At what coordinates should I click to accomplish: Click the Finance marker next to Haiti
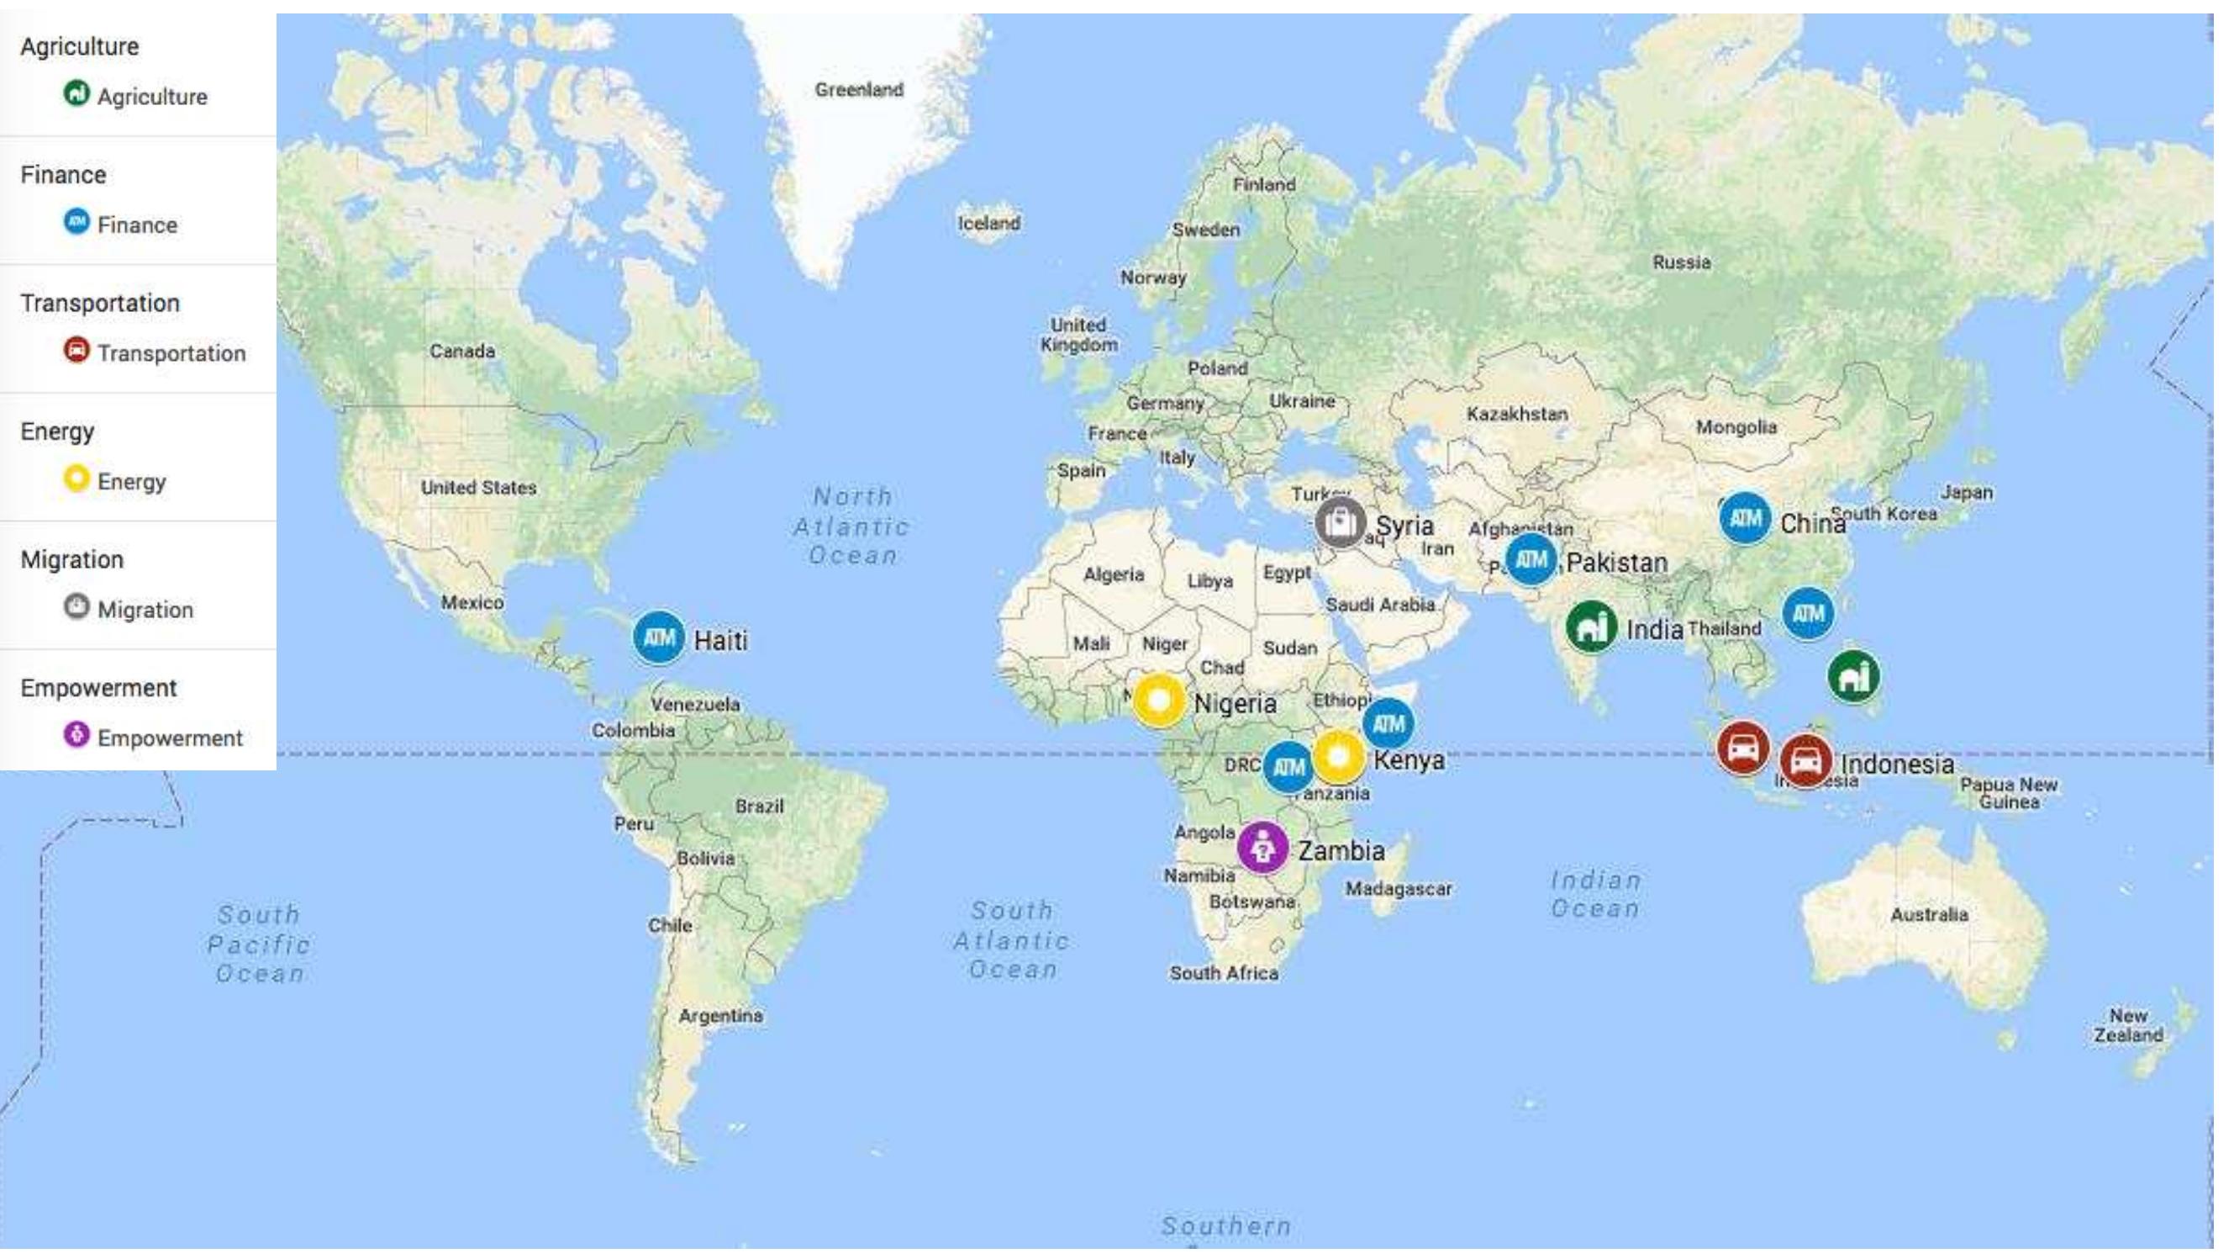click(x=658, y=637)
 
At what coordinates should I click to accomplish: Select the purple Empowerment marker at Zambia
click(x=1262, y=847)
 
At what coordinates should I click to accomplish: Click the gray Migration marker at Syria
click(x=1340, y=522)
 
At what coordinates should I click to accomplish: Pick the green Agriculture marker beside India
click(x=1591, y=626)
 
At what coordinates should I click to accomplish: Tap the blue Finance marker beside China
click(x=1745, y=518)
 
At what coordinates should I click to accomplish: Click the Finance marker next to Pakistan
click(x=1531, y=559)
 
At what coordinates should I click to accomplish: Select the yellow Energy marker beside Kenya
click(x=1338, y=757)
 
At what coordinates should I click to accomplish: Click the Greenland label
click(x=859, y=89)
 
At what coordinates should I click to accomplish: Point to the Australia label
click(x=1929, y=914)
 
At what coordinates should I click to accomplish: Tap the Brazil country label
click(x=760, y=806)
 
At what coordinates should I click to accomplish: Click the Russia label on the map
click(x=1682, y=262)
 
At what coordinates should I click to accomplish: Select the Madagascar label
click(x=1398, y=888)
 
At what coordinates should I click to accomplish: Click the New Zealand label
click(x=2128, y=1024)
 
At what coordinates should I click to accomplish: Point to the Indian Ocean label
click(x=1596, y=895)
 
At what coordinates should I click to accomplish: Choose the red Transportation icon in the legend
click(x=76, y=351)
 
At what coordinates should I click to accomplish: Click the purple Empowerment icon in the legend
click(x=76, y=736)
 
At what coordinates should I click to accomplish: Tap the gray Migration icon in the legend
click(x=76, y=606)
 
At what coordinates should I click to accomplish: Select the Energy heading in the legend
click(x=57, y=431)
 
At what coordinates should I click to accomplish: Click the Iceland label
click(x=988, y=223)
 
